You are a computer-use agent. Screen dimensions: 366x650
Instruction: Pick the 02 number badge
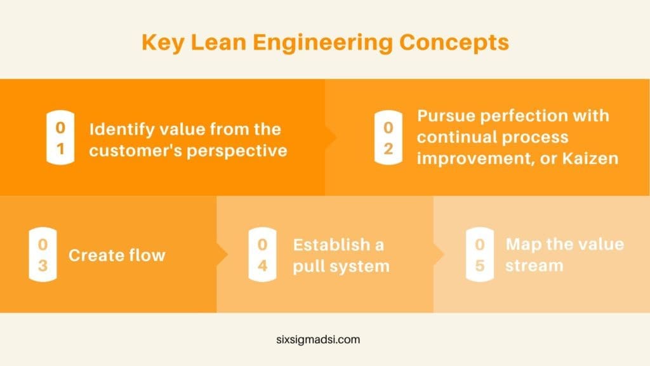(388, 137)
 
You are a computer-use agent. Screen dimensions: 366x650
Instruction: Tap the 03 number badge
(43, 254)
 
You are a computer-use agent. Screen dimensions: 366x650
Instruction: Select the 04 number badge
(262, 254)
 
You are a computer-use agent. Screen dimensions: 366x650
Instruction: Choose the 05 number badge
(480, 254)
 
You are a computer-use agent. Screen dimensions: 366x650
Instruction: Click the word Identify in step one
(117, 129)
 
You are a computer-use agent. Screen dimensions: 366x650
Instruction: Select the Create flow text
(117, 255)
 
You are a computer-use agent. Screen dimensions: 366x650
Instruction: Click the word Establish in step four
(330, 245)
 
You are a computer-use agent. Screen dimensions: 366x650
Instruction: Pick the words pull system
(341, 266)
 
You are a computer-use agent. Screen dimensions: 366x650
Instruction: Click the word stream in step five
(534, 266)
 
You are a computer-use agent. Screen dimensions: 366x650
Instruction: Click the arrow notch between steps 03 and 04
(223, 254)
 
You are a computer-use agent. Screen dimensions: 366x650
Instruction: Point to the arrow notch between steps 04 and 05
(439, 254)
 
